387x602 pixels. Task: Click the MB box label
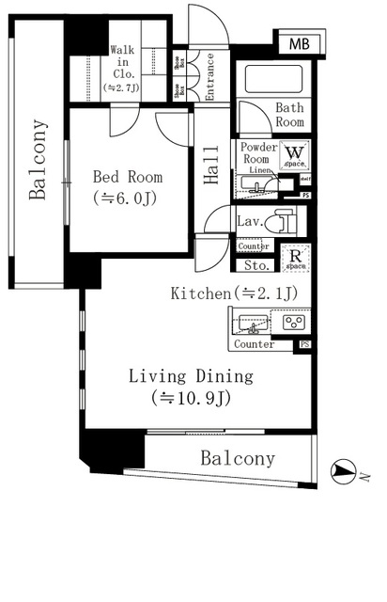click(x=298, y=43)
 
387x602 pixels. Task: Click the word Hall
click(x=211, y=167)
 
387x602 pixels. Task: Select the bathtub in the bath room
click(x=277, y=79)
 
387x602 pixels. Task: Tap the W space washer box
click(x=294, y=153)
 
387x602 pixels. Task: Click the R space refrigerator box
click(x=294, y=257)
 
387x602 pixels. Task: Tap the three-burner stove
click(x=293, y=322)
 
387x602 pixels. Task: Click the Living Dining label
click(x=191, y=386)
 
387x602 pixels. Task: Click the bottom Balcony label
click(x=238, y=459)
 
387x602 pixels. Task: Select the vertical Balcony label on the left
click(x=38, y=160)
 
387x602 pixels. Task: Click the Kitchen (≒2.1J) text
click(x=234, y=293)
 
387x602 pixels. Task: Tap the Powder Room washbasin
click(x=252, y=182)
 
